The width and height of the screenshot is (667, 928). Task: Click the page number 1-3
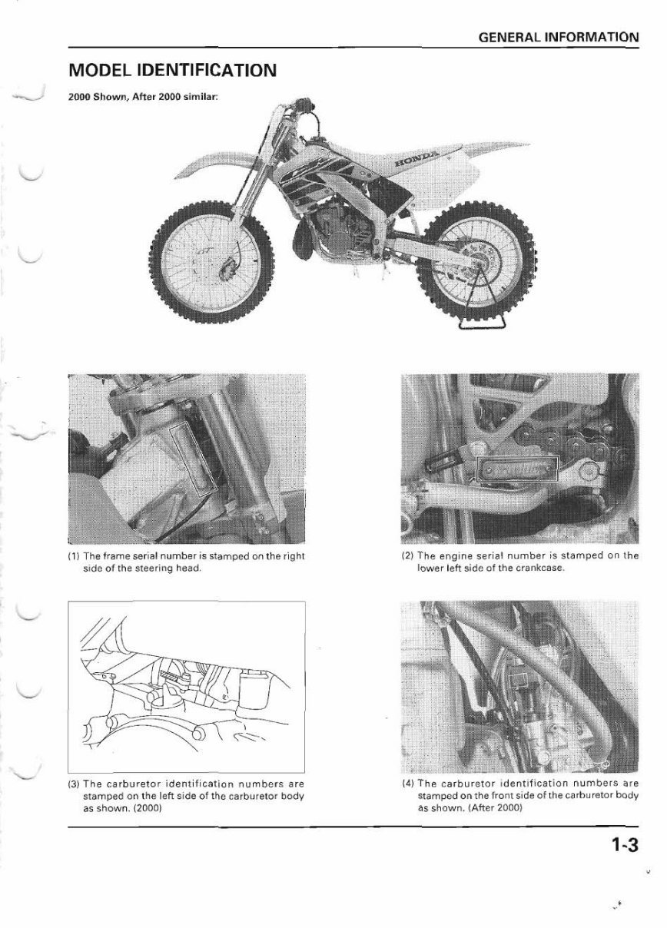(625, 846)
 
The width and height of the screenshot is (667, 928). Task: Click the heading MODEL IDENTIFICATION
(172, 71)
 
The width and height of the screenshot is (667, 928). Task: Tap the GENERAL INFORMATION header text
(558, 37)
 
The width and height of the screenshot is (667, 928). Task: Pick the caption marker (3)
(74, 784)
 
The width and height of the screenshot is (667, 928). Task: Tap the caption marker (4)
(407, 784)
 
